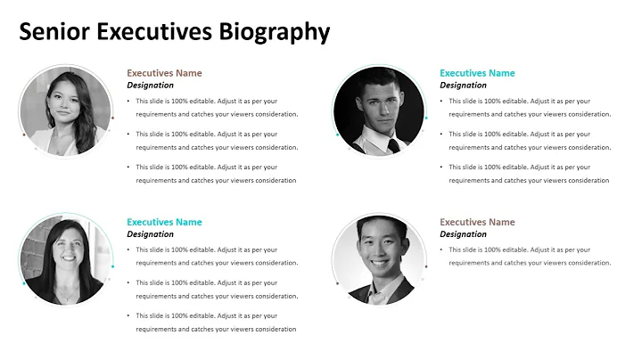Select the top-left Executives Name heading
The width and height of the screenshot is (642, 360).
tap(164, 73)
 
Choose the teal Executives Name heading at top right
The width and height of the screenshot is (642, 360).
tap(477, 73)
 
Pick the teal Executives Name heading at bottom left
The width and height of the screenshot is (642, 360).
tap(164, 222)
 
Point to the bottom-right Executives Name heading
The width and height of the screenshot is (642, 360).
tap(477, 222)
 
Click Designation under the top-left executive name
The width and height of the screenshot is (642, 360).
tap(150, 86)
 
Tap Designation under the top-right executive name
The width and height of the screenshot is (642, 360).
tap(463, 86)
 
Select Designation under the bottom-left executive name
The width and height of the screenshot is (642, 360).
tap(150, 234)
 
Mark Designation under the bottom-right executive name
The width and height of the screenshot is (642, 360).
tap(463, 234)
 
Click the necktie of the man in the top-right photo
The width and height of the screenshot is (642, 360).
tap(393, 145)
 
